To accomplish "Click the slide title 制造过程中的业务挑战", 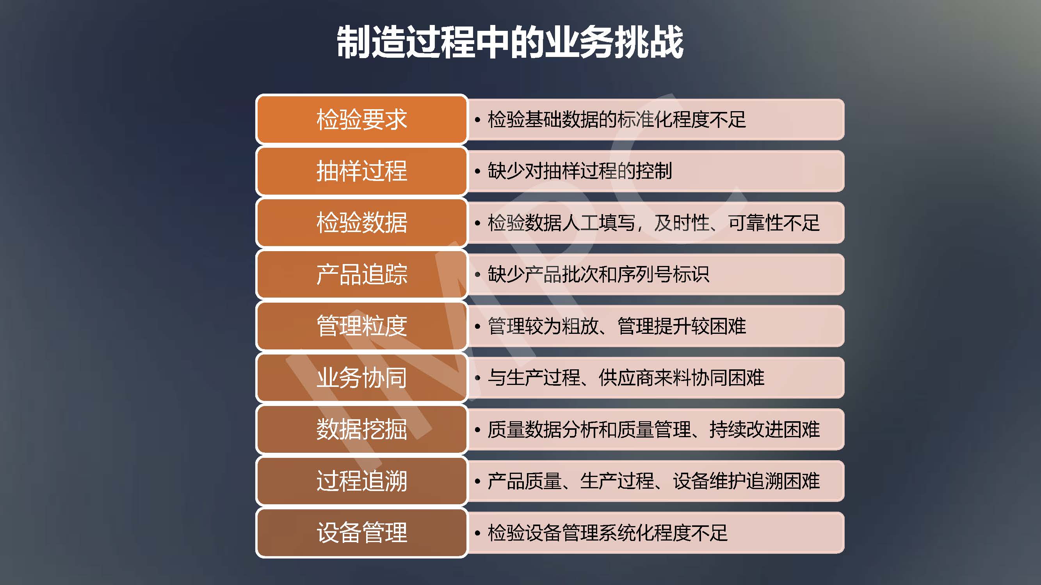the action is coord(510,42).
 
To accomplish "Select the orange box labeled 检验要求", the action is coord(362,119).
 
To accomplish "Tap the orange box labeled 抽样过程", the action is coord(362,171).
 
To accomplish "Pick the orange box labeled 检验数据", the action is coord(362,223).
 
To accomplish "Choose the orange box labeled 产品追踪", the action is coord(362,275).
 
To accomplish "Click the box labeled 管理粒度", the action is coord(362,326).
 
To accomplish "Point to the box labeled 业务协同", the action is coord(362,378).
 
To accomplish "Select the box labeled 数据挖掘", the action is coord(362,429).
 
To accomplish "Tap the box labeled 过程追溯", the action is coord(362,481).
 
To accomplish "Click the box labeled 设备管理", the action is coord(362,533).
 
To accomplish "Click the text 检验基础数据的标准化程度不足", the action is coord(617,119).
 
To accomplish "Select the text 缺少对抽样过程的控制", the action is coord(580,171).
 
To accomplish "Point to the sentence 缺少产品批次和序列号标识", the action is coord(598,275).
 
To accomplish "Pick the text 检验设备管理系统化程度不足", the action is coord(608,533).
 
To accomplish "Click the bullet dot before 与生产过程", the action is coord(478,378).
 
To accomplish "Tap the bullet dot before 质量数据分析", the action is coord(478,430).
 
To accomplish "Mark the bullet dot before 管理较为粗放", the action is coord(478,326).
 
